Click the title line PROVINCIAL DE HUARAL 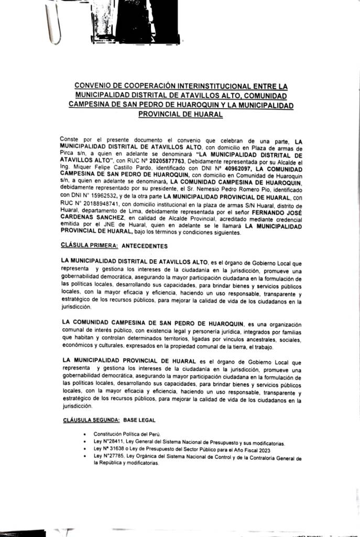(x=181, y=114)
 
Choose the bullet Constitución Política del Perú (x=126, y=434)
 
